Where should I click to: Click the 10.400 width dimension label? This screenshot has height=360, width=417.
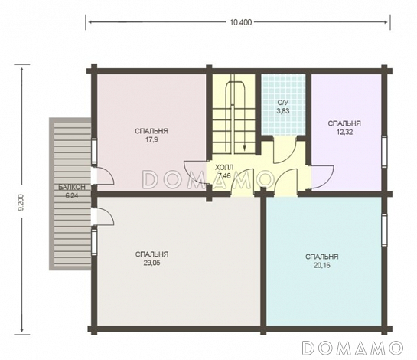241,22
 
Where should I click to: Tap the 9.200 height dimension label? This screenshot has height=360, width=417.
21,202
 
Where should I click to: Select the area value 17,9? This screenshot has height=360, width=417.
151,139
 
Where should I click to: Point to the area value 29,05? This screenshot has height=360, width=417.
151,263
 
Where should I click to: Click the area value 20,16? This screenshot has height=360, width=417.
322,265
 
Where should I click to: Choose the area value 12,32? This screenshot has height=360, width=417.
344,132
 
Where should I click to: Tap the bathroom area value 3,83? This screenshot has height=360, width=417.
282,111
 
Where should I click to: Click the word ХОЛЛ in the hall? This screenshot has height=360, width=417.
224,168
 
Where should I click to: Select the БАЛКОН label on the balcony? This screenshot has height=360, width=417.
72,187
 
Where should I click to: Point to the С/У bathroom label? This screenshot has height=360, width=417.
282,103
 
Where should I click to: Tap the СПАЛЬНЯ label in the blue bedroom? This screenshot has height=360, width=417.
322,257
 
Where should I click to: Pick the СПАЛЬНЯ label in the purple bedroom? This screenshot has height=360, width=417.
344,123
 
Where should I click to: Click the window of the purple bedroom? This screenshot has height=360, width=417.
384,151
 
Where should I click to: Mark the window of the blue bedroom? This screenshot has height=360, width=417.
384,230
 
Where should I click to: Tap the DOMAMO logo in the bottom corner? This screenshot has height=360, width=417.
353,348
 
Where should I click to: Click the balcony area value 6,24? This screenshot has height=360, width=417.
72,195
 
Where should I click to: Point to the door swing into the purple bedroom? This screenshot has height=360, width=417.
322,178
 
